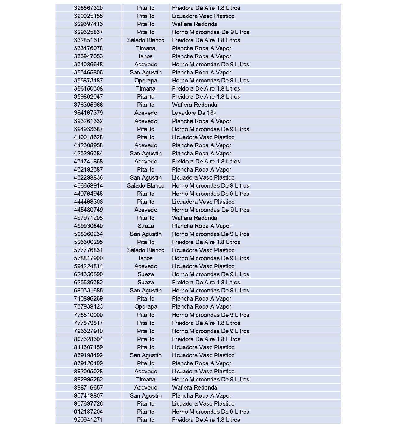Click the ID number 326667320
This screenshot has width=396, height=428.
click(x=88, y=8)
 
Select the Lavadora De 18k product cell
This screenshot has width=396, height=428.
click(x=194, y=113)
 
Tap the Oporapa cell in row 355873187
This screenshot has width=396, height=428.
click(x=146, y=80)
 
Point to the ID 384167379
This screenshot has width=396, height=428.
click(x=88, y=113)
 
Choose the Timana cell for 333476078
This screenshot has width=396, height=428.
click(x=146, y=48)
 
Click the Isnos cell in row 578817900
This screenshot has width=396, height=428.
click(x=146, y=258)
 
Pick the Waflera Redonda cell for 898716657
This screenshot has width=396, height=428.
click(x=194, y=387)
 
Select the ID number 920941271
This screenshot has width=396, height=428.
click(x=88, y=420)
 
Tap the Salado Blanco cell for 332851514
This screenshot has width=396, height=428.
click(x=146, y=40)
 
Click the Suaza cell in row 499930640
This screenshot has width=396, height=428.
click(x=146, y=226)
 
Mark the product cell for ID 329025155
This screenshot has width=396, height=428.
click(x=203, y=16)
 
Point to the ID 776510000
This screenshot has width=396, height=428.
click(x=88, y=315)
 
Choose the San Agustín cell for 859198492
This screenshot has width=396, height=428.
click(x=146, y=355)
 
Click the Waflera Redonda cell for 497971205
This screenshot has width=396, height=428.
click(x=194, y=218)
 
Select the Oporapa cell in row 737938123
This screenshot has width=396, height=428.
click(x=146, y=306)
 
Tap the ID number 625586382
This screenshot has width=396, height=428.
click(x=88, y=282)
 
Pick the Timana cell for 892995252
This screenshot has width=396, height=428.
click(x=146, y=379)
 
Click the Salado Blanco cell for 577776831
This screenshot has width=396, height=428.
click(x=146, y=250)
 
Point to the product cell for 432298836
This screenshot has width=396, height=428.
click(x=203, y=177)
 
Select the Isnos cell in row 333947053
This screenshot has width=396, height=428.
click(x=146, y=56)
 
